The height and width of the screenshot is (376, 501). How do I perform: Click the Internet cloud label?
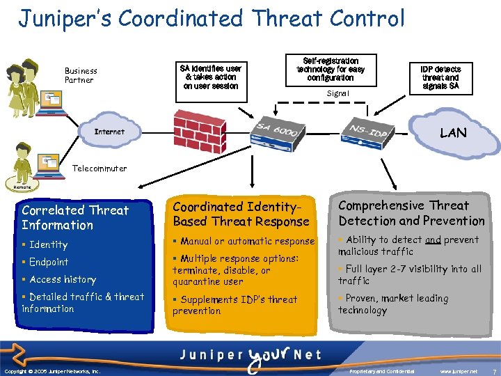(x=109, y=132)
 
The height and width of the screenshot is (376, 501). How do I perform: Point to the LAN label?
(x=453, y=133)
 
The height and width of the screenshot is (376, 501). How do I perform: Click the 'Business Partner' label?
(x=81, y=75)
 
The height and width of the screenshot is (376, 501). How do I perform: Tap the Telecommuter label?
(x=100, y=169)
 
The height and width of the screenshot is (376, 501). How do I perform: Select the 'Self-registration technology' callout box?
(x=331, y=70)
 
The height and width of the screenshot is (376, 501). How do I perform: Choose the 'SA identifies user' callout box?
(x=210, y=77)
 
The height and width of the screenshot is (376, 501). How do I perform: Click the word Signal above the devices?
(x=337, y=93)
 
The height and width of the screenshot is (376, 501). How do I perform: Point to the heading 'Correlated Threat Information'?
(x=75, y=217)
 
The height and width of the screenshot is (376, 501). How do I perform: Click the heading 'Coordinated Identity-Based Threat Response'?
(x=241, y=214)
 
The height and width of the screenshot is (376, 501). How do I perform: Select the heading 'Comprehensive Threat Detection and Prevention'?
(x=411, y=213)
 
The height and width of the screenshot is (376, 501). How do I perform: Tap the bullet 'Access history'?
(x=62, y=279)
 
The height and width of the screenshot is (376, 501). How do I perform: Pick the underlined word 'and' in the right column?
(x=433, y=240)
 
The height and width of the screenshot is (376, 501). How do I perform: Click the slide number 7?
(x=493, y=370)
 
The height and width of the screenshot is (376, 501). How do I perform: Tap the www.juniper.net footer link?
(x=459, y=370)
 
